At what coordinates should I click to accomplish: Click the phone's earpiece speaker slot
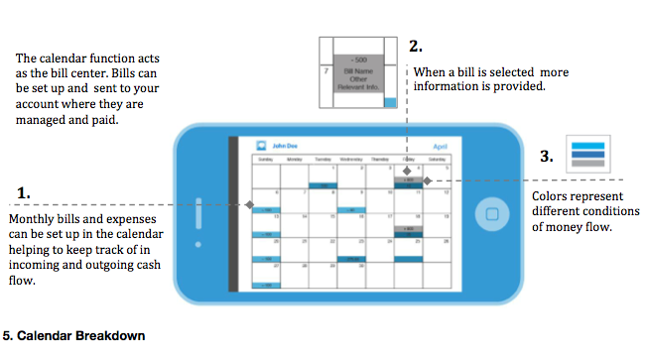198,213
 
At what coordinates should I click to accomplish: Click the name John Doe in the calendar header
286,145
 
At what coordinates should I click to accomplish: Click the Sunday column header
265,159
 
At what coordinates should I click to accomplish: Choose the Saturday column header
437,159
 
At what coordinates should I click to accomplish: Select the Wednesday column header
351,159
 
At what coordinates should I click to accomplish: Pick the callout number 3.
546,156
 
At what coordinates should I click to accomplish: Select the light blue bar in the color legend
587,145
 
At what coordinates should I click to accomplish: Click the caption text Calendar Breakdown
80,335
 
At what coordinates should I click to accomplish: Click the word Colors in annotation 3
552,193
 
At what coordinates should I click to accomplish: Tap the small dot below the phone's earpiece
198,244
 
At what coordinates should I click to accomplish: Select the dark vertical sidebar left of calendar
234,213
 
